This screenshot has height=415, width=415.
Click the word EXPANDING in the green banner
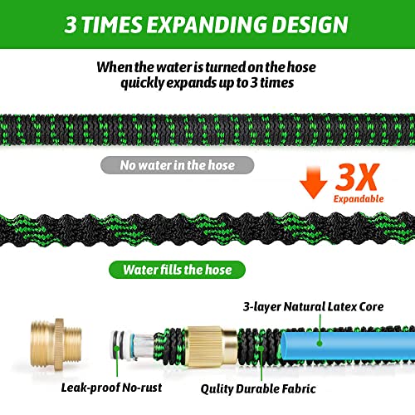click(x=207, y=25)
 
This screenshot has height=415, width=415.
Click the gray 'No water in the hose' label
click(x=177, y=165)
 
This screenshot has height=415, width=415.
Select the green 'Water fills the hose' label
click(x=177, y=270)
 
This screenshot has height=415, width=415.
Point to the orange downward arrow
click(x=313, y=183)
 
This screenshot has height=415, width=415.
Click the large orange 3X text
click(x=357, y=177)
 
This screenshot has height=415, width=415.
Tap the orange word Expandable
click(x=359, y=198)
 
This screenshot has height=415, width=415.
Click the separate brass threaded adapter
click(x=56, y=344)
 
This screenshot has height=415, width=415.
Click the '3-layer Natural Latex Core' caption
click(x=313, y=306)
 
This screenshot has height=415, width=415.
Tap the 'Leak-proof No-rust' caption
click(x=111, y=388)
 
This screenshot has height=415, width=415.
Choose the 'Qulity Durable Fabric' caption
click(x=258, y=388)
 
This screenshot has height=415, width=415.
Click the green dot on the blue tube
click(x=320, y=344)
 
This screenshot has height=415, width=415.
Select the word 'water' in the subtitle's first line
click(x=174, y=67)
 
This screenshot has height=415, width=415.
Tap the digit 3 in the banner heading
click(x=71, y=25)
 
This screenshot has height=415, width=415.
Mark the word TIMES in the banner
click(x=112, y=25)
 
